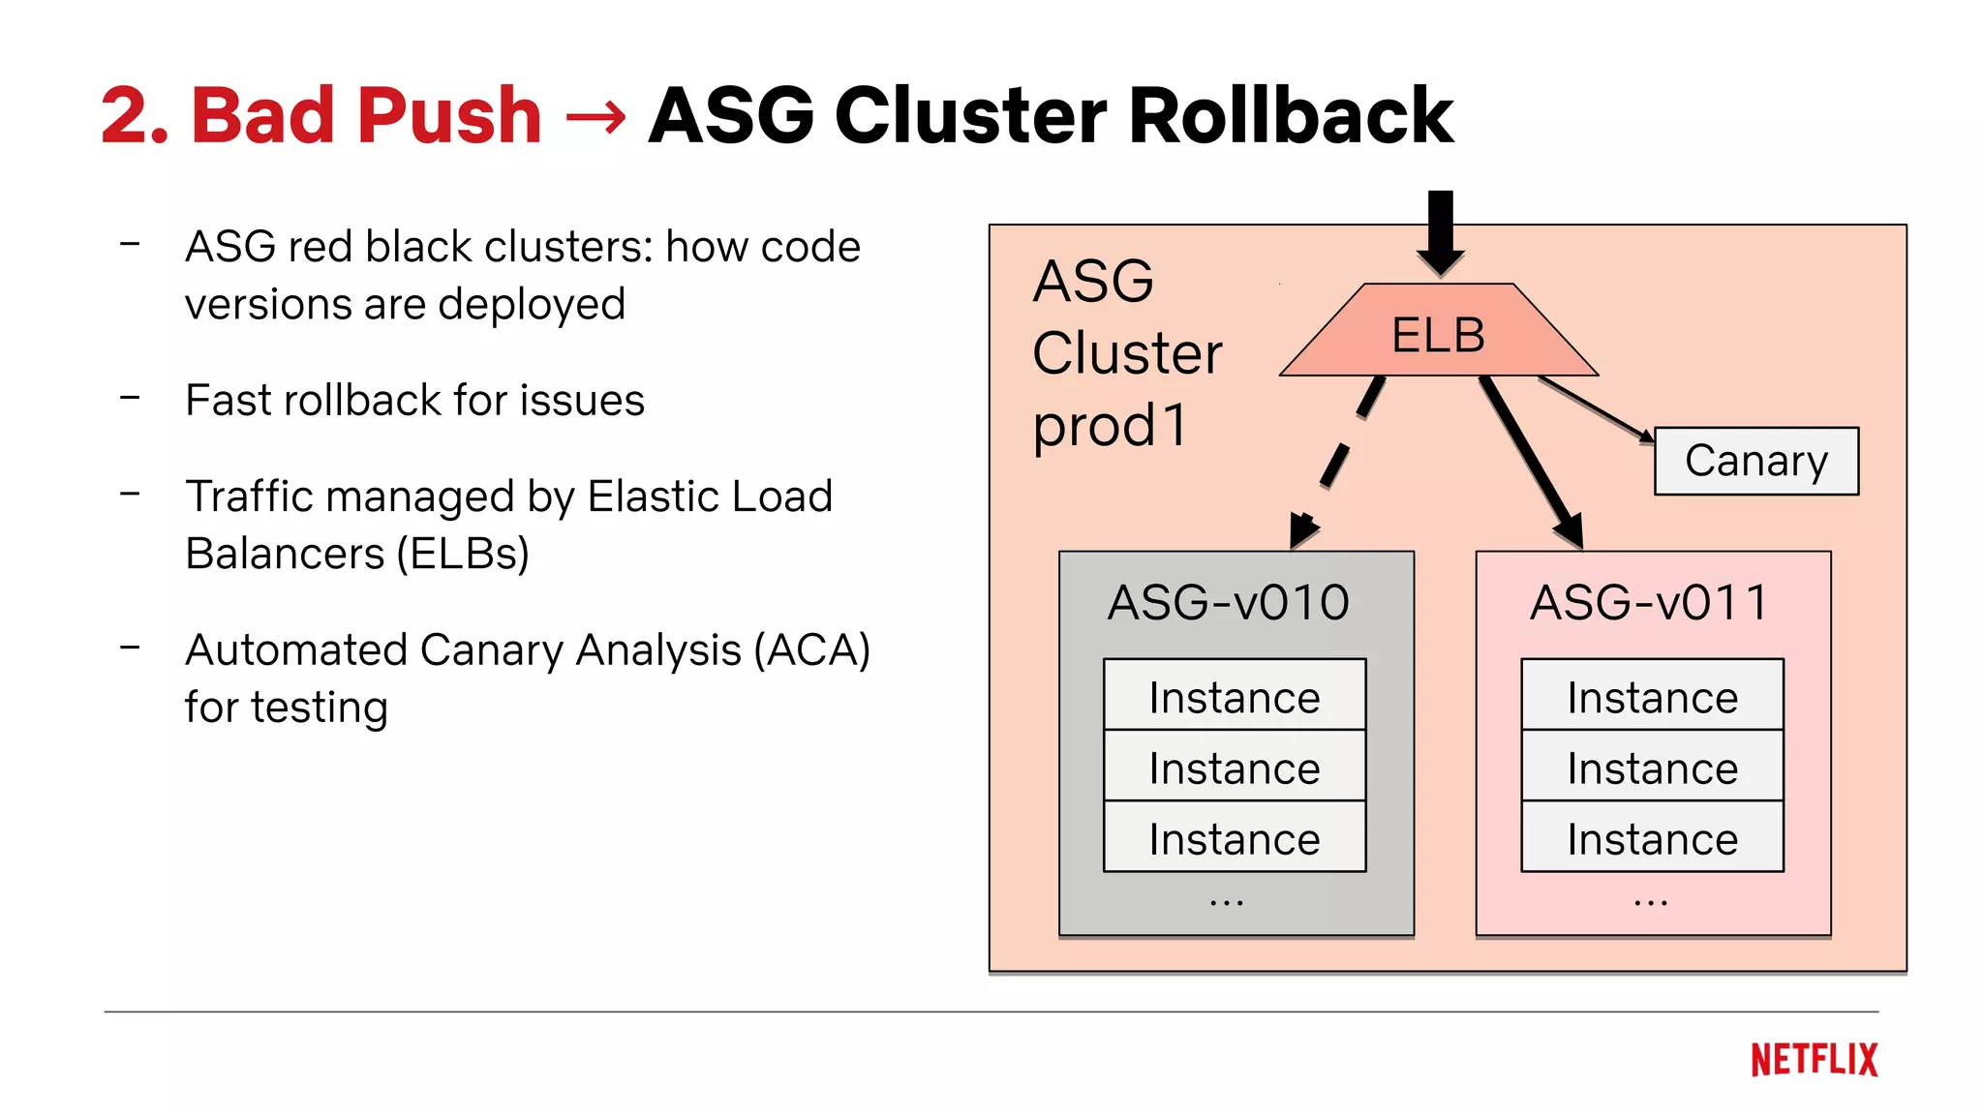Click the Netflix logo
click(1814, 1060)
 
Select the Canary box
click(1755, 461)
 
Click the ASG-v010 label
click(1228, 602)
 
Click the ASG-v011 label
click(1649, 602)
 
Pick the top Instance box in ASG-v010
click(1235, 696)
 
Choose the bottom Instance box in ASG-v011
click(1652, 838)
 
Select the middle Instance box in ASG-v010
click(1235, 768)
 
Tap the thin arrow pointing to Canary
click(1596, 407)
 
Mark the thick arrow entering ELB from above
click(1440, 232)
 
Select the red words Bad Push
click(365, 115)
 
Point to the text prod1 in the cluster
click(1110, 425)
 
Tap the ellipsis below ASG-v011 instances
click(1650, 902)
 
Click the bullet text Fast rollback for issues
click(414, 400)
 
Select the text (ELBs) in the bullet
click(463, 554)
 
